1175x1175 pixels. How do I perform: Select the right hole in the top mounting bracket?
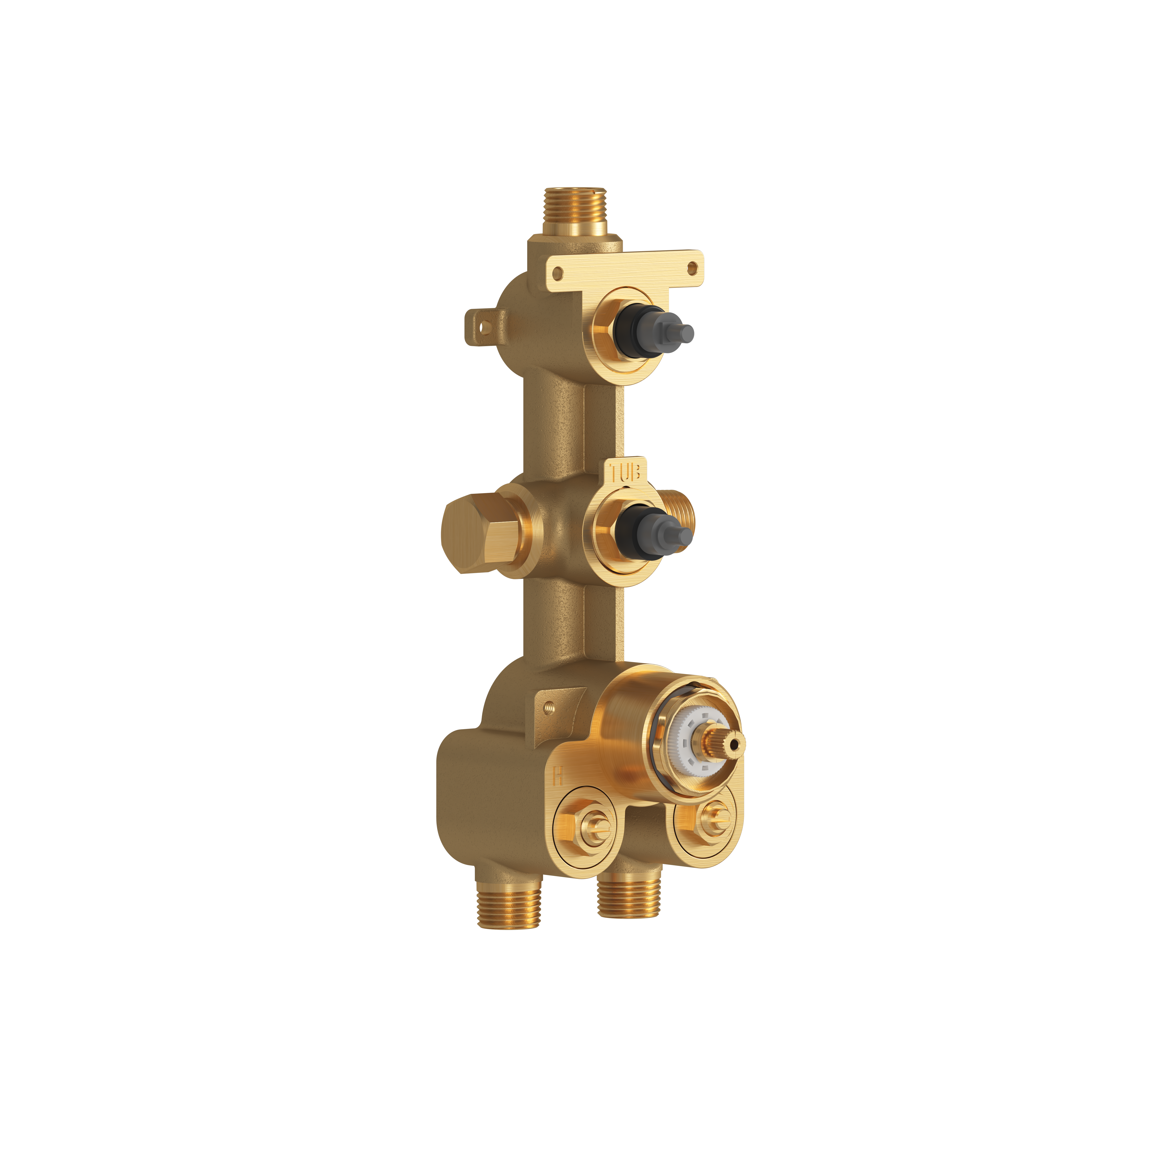coord(691,267)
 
